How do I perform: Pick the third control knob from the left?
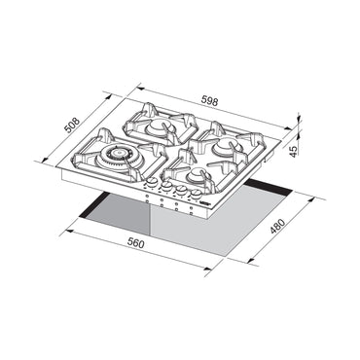point(183,192)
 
